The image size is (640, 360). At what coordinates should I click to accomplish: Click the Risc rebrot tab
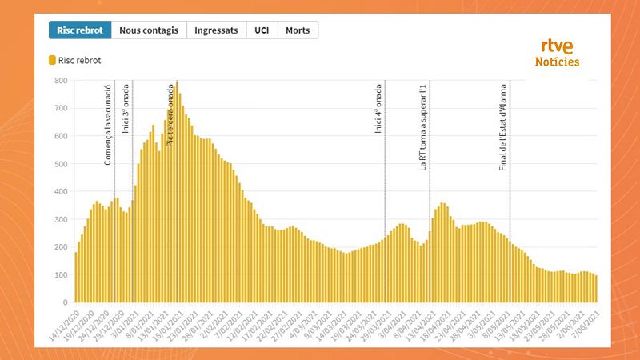click(80, 30)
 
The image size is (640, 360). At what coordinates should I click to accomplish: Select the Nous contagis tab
click(149, 30)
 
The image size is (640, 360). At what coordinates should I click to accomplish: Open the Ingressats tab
click(216, 30)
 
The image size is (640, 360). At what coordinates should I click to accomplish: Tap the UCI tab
click(261, 30)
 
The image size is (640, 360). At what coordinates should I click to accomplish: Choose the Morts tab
click(298, 30)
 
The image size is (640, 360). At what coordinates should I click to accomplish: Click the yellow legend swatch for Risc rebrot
click(53, 60)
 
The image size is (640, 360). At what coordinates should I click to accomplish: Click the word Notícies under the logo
click(557, 62)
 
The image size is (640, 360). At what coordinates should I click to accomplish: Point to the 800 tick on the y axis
click(61, 81)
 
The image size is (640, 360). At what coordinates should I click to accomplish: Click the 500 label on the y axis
click(61, 165)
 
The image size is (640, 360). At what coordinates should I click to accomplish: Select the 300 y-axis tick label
click(61, 220)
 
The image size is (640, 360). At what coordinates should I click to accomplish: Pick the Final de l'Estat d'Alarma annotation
click(503, 126)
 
